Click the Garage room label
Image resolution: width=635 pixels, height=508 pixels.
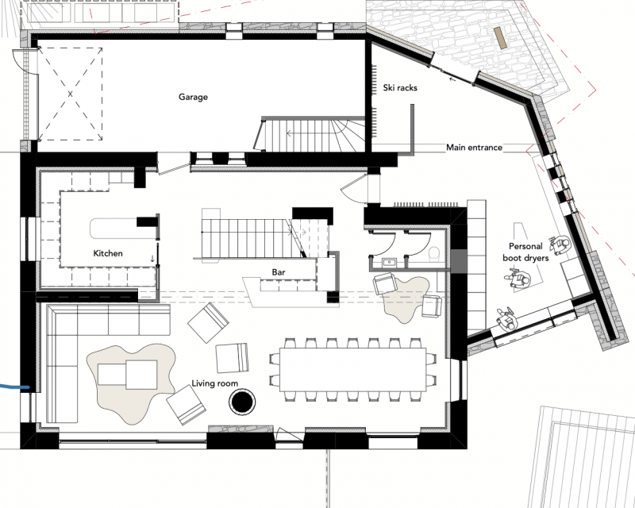(193, 97)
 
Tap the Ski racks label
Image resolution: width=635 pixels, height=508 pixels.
(400, 87)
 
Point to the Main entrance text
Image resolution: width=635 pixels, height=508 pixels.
(474, 148)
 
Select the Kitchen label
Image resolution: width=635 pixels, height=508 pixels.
(108, 253)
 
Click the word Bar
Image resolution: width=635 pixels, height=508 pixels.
(279, 272)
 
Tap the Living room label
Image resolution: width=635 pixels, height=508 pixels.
(214, 383)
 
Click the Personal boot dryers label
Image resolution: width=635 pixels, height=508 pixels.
(525, 252)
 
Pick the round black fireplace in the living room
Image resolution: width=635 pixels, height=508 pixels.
(242, 402)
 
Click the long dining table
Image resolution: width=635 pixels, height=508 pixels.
(352, 369)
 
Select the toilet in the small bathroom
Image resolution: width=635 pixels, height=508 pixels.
(434, 253)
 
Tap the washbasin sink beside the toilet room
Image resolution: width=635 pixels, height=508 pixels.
(389, 263)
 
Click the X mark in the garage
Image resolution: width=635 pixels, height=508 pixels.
(70, 94)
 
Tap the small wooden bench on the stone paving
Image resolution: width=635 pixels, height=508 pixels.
(501, 38)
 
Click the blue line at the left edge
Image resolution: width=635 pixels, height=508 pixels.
(14, 387)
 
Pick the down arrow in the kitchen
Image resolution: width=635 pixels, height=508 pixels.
(152, 258)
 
